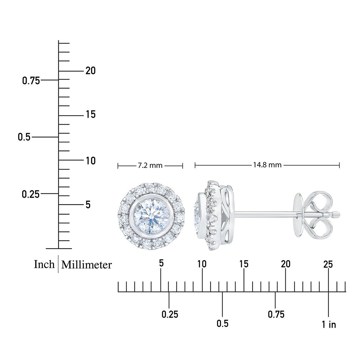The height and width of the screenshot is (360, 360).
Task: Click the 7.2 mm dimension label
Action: tap(150, 166)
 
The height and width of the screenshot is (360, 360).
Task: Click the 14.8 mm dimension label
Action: tap(267, 165)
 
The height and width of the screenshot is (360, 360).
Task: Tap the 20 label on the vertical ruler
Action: tap(91, 71)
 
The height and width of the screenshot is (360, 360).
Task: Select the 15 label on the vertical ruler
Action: tap(91, 114)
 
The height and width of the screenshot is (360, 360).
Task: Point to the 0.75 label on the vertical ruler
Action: tap(31, 81)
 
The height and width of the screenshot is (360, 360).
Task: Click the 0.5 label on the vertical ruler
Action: tap(24, 137)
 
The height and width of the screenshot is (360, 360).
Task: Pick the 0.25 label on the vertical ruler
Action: tap(31, 194)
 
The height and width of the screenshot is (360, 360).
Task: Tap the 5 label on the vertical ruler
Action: tap(88, 205)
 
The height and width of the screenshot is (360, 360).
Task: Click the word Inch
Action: tap(44, 265)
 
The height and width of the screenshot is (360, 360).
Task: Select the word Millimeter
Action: tap(86, 265)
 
